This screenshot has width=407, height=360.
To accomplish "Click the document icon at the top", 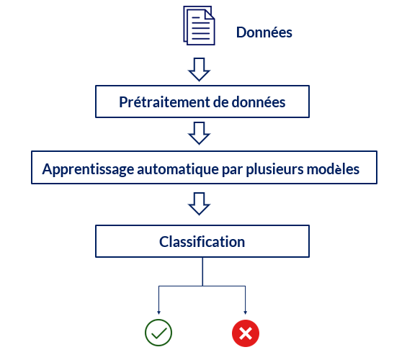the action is (x=199, y=25).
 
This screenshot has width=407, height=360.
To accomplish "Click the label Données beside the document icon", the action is (x=264, y=32).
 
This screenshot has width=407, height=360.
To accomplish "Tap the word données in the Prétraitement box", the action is (x=259, y=102).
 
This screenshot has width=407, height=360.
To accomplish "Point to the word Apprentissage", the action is (x=88, y=170).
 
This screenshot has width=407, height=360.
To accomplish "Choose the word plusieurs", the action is (x=274, y=170).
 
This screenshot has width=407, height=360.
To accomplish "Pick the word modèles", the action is (x=333, y=169).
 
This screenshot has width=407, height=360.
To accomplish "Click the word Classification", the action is (x=202, y=242).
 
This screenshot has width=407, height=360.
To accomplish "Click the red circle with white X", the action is (x=246, y=333).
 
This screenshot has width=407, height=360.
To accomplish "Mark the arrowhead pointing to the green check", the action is (x=158, y=312).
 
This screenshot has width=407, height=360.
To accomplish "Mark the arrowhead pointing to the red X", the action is (x=246, y=312).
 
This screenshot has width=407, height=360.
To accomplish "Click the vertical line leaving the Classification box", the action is (x=202, y=271).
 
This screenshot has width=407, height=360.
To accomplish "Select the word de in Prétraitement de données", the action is (x=220, y=102).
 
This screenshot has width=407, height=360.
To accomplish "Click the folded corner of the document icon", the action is (x=210, y=15).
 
